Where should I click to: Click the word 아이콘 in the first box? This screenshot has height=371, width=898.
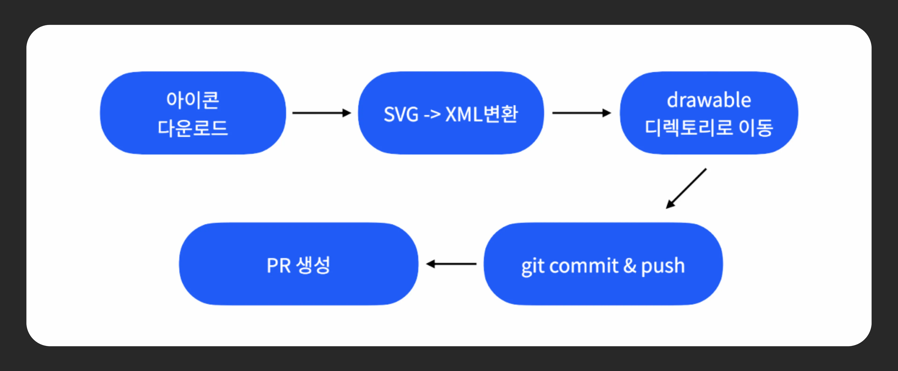pyautogui.click(x=193, y=100)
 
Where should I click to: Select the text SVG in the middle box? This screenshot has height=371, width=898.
pyautogui.click(x=401, y=114)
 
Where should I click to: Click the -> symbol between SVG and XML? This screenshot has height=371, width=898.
pyautogui.click(x=432, y=114)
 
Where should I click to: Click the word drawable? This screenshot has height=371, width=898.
pyautogui.click(x=709, y=100)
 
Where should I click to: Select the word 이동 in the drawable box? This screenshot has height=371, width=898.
pyautogui.click(x=756, y=128)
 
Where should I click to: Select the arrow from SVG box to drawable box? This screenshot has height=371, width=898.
pyautogui.click(x=581, y=113)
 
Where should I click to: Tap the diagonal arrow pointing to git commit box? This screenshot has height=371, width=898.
pyautogui.click(x=686, y=189)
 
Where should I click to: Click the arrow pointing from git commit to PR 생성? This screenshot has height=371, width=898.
pyautogui.click(x=451, y=264)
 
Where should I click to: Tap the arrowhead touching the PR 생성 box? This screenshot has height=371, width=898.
pyautogui.click(x=431, y=264)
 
